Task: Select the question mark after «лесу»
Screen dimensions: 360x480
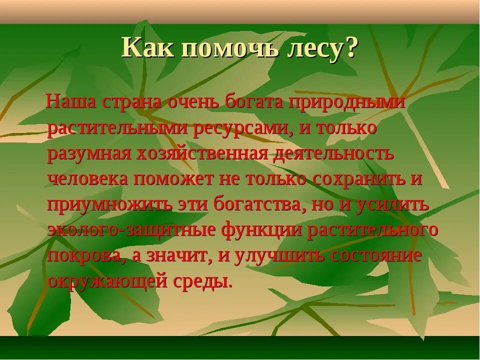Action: pos(352,48)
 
